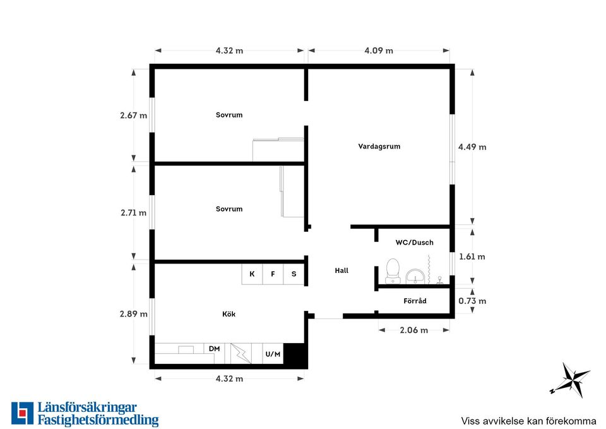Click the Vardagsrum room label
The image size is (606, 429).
pos(379,147)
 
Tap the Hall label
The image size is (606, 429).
pos(342,271)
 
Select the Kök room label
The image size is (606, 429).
pos(229,314)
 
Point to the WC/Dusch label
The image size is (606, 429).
pos(414,243)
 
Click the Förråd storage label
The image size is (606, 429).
pos(415,301)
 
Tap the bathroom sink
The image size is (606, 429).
pos(415,276)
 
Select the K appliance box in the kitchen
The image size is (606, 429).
pos(252,274)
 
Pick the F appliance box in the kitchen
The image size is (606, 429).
pos(273,274)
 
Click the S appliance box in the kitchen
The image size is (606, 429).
pos(294,274)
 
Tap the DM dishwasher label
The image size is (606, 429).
pos(215,349)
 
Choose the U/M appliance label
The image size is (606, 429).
pos(273,354)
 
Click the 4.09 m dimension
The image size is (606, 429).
pos(379,51)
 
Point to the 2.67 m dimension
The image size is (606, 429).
pos(134,115)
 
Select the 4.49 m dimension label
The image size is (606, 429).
pos(472,147)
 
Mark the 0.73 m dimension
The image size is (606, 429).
pos(472,301)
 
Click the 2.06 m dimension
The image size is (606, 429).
pos(414,330)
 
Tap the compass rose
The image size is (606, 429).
pos(571,380)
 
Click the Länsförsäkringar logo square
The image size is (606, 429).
pos(23,413)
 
